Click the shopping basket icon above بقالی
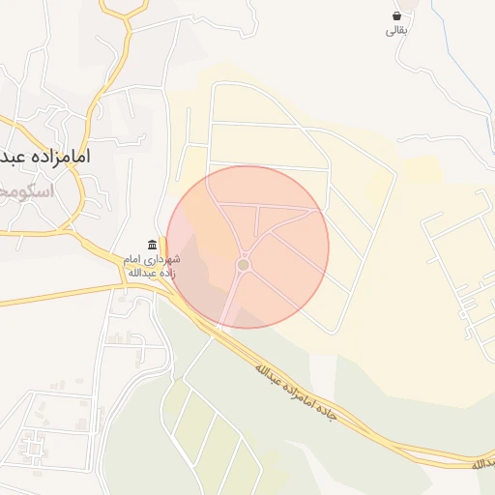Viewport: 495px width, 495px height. click(397, 16)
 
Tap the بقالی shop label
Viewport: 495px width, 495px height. click(397, 32)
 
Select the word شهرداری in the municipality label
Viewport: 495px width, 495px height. click(158, 260)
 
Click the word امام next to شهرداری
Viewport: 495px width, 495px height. click(132, 260)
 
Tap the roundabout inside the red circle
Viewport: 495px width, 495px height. click(244, 264)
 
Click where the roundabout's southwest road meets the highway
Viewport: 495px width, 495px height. click(218, 326)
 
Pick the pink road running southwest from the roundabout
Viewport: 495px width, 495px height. click(231, 295)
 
